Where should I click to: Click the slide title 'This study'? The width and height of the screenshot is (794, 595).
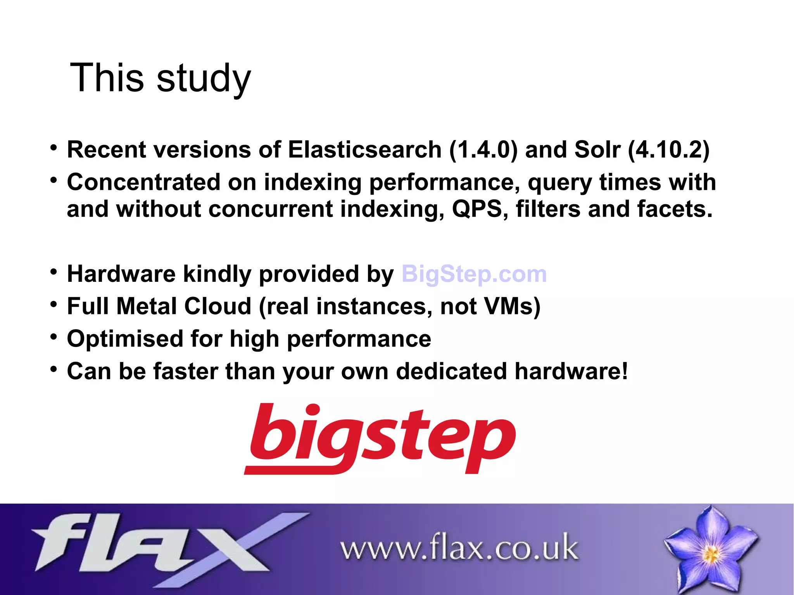[x=161, y=78]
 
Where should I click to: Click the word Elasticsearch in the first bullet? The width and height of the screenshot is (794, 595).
[x=364, y=150]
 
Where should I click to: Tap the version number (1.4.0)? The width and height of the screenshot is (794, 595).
[x=483, y=150]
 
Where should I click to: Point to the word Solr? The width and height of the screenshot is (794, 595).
[x=597, y=150]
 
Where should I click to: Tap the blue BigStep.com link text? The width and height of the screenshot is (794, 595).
[x=474, y=274]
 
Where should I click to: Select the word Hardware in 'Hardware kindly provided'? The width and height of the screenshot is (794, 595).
[x=121, y=274]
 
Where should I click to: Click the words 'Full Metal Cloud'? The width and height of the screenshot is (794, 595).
[x=159, y=306]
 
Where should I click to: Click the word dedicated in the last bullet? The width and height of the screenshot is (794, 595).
[x=451, y=371]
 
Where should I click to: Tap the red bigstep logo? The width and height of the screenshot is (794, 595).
[x=380, y=438]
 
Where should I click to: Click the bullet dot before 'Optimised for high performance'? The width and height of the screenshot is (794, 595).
[x=54, y=336]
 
